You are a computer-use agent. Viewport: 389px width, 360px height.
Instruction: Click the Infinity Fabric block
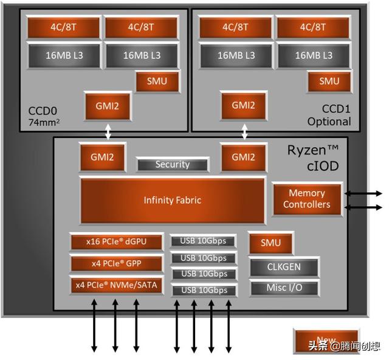click(173, 200)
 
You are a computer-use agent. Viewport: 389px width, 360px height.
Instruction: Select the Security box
click(173, 165)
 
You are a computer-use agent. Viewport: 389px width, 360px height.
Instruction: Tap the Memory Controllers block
click(308, 199)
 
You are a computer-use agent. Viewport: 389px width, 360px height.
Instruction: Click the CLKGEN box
click(284, 267)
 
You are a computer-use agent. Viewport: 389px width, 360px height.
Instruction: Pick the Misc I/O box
click(284, 288)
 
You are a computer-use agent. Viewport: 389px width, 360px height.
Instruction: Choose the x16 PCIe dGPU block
click(116, 242)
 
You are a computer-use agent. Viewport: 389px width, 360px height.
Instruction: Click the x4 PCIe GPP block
click(116, 263)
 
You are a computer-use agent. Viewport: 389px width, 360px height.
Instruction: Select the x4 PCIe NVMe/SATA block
click(116, 285)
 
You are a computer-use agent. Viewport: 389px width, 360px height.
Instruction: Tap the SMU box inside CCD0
click(157, 81)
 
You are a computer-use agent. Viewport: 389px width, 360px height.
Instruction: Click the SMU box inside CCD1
click(329, 81)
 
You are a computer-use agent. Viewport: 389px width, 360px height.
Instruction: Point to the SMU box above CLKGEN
click(270, 243)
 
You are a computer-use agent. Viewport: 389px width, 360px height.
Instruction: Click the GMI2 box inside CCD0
click(108, 106)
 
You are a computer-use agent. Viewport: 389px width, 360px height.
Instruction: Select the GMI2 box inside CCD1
click(243, 106)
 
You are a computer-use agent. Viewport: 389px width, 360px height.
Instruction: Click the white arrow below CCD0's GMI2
click(108, 132)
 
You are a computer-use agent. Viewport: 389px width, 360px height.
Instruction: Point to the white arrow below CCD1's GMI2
click(244, 132)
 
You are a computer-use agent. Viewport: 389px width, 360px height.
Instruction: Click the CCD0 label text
click(43, 111)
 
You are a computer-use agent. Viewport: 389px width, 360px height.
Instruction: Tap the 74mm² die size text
click(44, 122)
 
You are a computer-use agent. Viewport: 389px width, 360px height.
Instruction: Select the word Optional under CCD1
click(329, 122)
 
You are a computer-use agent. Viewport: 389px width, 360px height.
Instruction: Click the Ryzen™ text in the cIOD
click(313, 150)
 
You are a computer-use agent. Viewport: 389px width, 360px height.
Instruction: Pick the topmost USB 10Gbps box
click(203, 241)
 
